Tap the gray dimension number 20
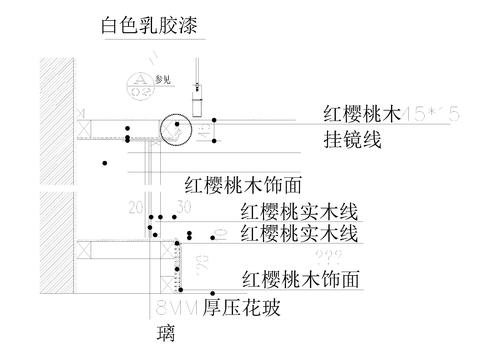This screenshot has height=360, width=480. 136,207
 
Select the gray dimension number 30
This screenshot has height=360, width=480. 183,207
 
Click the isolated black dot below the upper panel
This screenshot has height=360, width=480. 103,162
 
